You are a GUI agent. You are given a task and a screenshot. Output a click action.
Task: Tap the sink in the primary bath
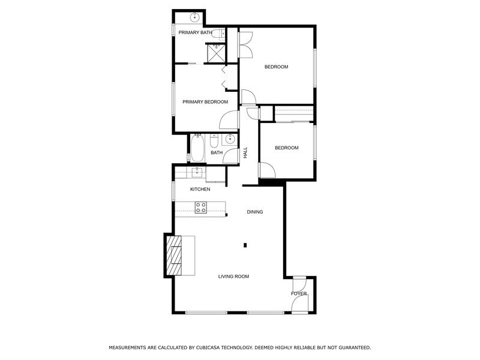(195, 18)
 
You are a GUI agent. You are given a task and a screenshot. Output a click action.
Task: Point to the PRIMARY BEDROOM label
(205, 102)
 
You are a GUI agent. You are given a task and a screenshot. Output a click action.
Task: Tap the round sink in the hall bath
(229, 140)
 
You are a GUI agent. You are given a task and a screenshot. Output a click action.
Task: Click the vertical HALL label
(245, 153)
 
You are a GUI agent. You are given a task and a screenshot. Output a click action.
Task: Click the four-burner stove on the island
(201, 208)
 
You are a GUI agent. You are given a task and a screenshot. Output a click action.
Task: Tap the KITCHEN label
(200, 190)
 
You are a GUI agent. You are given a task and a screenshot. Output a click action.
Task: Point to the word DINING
(255, 212)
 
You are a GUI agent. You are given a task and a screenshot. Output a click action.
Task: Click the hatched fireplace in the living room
(175, 255)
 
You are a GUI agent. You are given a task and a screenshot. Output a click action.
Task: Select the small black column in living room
(245, 245)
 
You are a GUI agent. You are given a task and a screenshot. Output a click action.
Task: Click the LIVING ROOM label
(233, 277)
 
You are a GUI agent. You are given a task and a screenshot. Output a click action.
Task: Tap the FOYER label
(299, 294)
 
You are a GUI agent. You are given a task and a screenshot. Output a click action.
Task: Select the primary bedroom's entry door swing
(229, 119)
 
